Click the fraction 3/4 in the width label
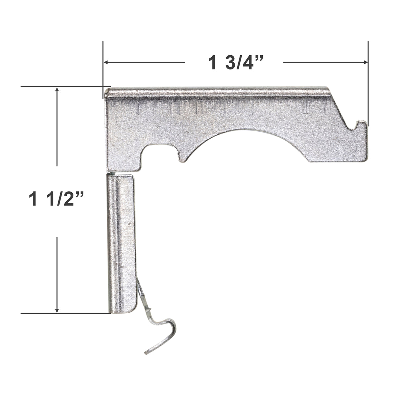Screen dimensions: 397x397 click(244, 63)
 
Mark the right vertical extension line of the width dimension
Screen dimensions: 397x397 click(368, 83)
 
